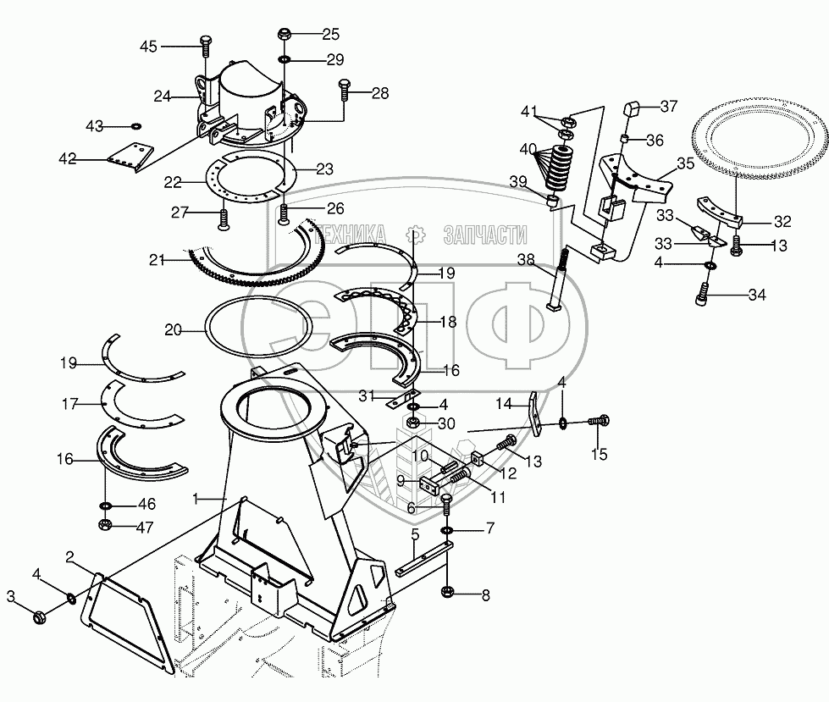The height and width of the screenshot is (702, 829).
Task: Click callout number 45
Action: pyautogui.click(x=148, y=46)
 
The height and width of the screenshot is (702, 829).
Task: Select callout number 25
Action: pyautogui.click(x=329, y=35)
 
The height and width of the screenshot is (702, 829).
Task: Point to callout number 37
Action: pyautogui.click(x=669, y=106)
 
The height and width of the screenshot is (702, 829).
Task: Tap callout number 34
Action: pyautogui.click(x=756, y=295)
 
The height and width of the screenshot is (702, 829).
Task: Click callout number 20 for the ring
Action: pyautogui.click(x=173, y=330)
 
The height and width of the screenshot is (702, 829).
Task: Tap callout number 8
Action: pyautogui.click(x=485, y=594)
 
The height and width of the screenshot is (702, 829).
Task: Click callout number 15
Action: pyautogui.click(x=599, y=455)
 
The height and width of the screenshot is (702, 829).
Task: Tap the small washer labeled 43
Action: pyautogui.click(x=135, y=126)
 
